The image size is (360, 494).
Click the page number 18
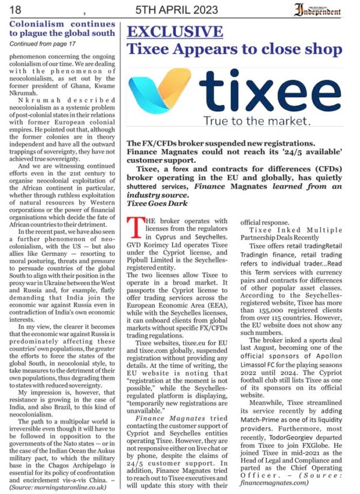pos(16,10)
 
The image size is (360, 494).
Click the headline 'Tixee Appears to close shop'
pos(235,50)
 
